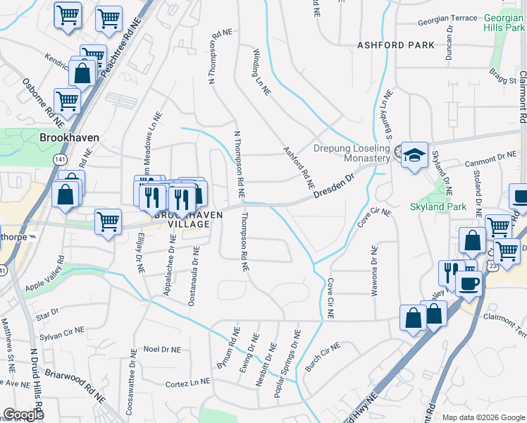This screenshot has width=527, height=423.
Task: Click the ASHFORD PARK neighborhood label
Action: [x=391, y=45]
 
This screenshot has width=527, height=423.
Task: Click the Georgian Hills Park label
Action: [x=504, y=23]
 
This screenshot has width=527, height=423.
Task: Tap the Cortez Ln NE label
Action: [x=187, y=382]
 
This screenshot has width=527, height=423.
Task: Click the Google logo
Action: [x=23, y=415]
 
